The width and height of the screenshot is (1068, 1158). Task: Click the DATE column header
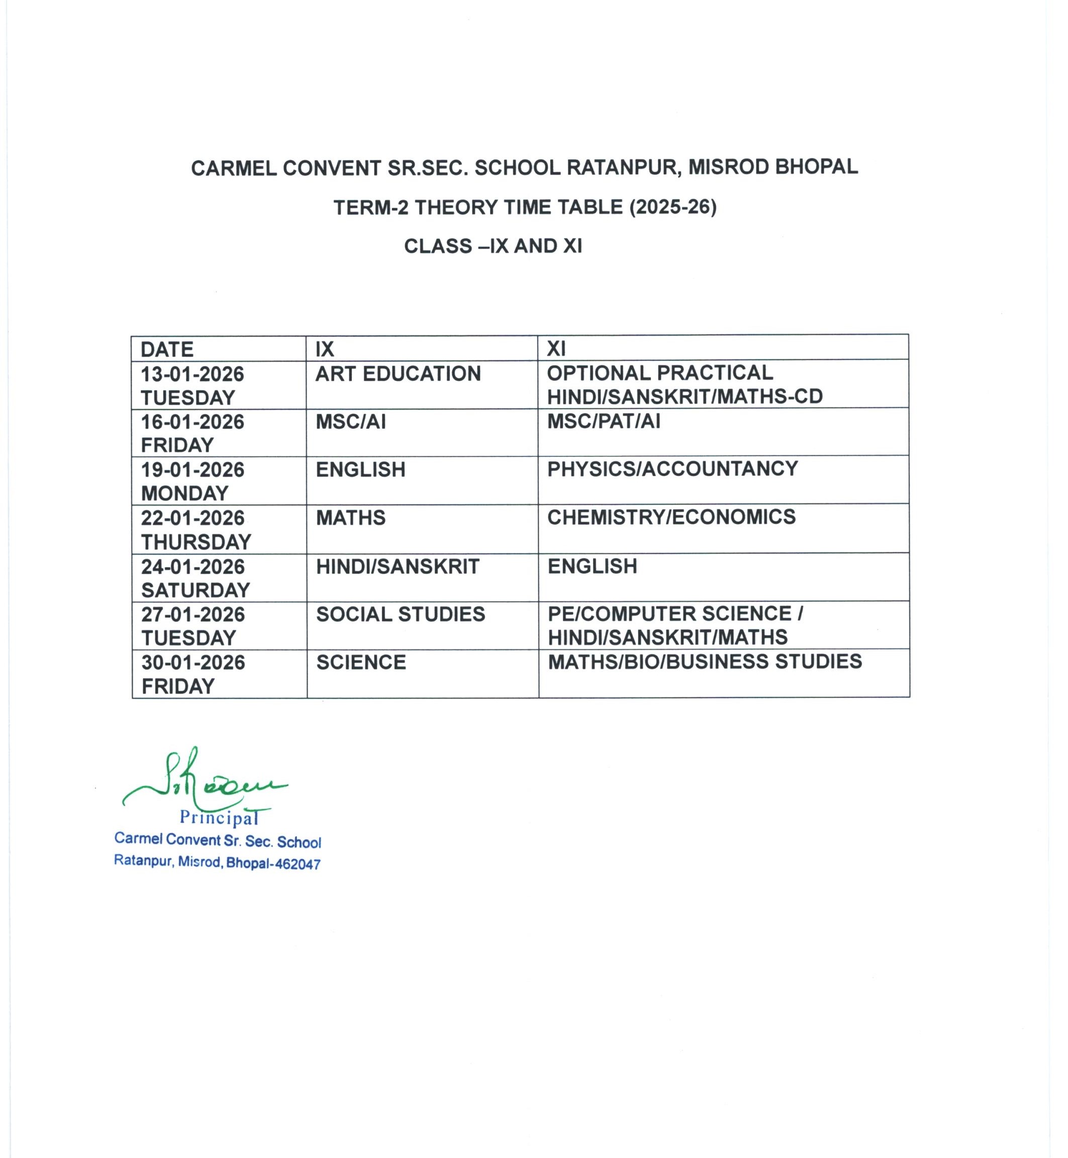tap(167, 350)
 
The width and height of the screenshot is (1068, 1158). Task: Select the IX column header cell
tap(325, 349)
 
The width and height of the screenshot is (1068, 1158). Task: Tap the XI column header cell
tap(556, 348)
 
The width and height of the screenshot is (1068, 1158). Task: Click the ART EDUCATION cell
tap(398, 374)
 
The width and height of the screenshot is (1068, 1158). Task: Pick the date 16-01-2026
tap(192, 422)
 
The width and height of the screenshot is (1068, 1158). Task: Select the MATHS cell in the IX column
tap(350, 518)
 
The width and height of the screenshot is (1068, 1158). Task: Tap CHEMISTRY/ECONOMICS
tap(671, 517)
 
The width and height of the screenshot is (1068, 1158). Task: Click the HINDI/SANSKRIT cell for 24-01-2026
tap(398, 566)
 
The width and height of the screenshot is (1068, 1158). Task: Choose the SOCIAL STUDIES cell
tap(401, 614)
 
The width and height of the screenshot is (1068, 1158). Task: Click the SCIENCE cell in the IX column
tap(361, 662)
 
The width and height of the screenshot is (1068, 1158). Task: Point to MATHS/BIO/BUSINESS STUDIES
tap(705, 661)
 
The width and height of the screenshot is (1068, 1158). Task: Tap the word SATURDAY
tap(196, 590)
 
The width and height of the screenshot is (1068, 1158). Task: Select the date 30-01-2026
tap(193, 662)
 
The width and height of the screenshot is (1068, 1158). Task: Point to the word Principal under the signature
tap(219, 818)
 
